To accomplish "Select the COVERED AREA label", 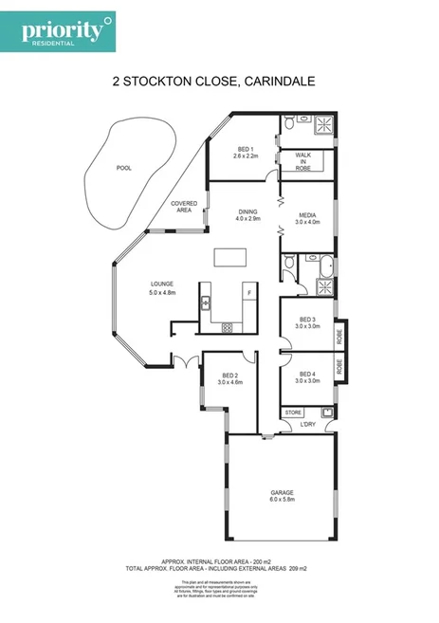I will click(182, 207).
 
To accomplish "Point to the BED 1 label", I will click(245, 149).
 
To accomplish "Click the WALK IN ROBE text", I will click(303, 160).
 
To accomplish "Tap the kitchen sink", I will click(206, 303).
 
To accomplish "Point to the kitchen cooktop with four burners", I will click(229, 327).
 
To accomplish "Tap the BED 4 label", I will click(306, 374).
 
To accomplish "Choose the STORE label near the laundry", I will click(295, 413).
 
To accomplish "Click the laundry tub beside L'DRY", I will click(326, 412).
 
